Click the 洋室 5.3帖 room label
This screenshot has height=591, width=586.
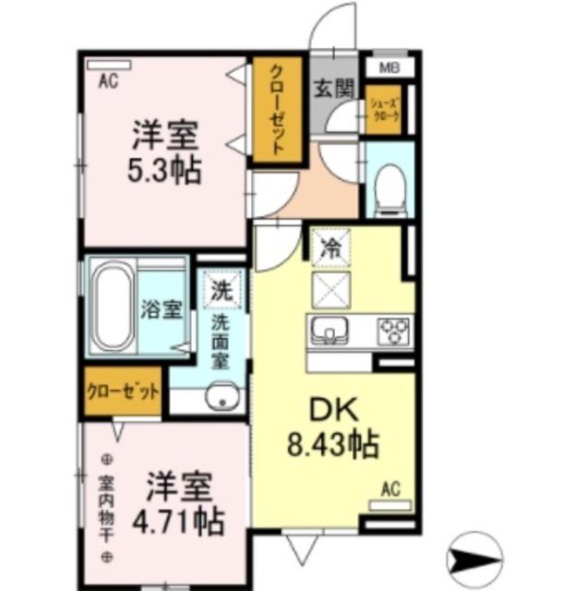click(166, 153)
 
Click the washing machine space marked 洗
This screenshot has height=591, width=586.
click(221, 288)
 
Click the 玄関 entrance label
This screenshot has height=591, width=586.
click(332, 90)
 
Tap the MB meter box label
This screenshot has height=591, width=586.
click(389, 68)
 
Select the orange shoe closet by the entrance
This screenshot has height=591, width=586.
click(385, 110)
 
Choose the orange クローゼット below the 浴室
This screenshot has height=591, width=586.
click(123, 391)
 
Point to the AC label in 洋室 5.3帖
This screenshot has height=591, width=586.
click(109, 80)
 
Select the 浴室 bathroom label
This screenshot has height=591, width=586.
click(161, 309)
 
